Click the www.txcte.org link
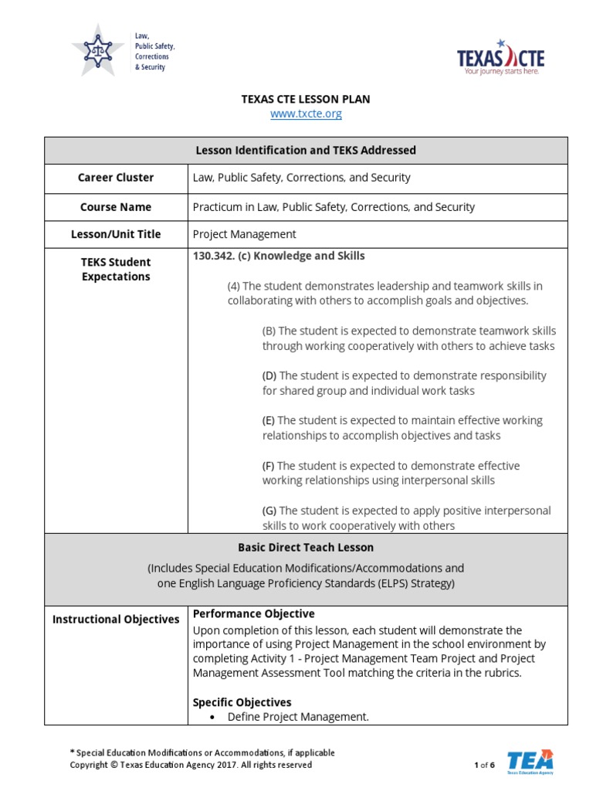pos(306,114)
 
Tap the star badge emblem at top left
pos(97,51)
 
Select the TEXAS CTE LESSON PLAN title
pos(306,99)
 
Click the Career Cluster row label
pos(116,178)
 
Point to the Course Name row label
pos(116,207)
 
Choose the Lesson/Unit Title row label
pos(116,234)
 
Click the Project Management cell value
pos(244,234)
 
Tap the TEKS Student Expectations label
pos(116,269)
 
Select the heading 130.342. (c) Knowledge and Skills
pos(279,256)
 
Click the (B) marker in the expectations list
pos(269,331)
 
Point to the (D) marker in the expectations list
pos(269,375)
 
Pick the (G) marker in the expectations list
pos(269,511)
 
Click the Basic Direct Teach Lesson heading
pos(306,547)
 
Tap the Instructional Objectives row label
pos(116,620)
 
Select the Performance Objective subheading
pos(253,614)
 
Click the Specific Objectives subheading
pos(242,702)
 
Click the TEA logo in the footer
pos(530,761)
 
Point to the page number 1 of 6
pos(484,765)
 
